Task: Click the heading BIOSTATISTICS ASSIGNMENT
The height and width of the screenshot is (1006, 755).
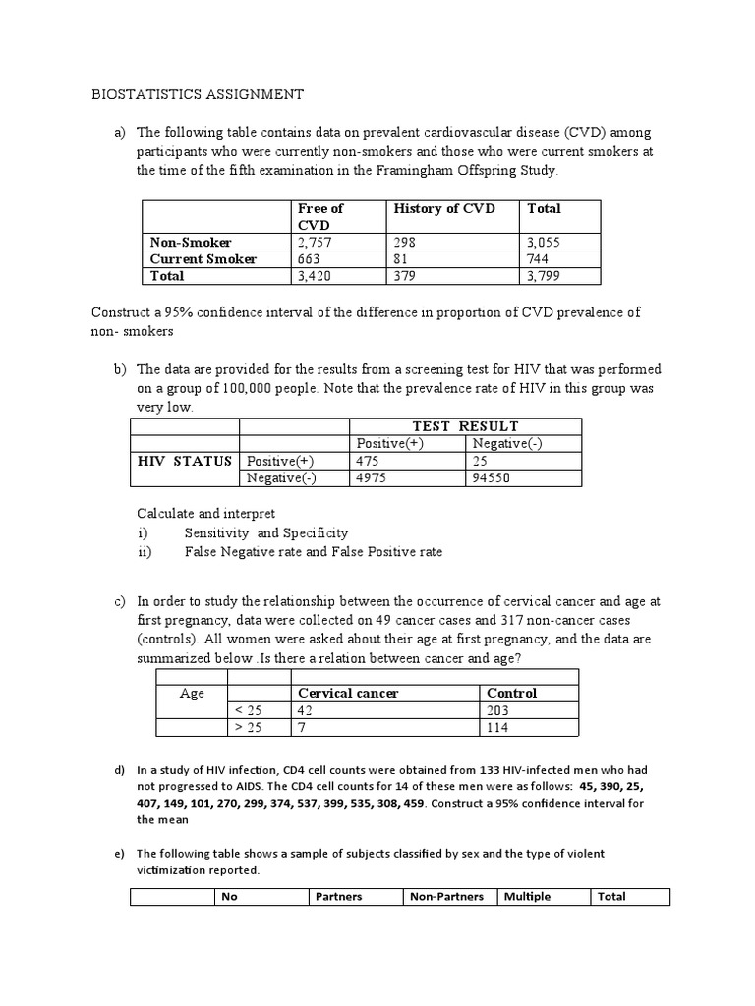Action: click(198, 94)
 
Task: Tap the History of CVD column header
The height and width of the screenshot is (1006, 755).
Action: click(444, 208)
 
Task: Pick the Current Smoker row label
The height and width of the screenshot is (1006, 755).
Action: click(203, 259)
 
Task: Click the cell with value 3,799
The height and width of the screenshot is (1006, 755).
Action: click(547, 276)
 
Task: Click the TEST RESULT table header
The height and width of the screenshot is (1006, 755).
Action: click(467, 425)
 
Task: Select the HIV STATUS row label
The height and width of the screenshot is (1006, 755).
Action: click(186, 461)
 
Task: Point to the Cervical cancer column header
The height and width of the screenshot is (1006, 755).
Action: click(348, 693)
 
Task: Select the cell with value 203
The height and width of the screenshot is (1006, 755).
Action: click(498, 710)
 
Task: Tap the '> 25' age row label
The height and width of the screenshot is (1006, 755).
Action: click(249, 728)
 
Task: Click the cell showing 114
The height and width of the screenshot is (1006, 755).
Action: click(497, 728)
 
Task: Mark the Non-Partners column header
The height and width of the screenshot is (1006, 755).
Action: click(446, 896)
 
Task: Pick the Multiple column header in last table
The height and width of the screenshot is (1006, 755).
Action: click(527, 896)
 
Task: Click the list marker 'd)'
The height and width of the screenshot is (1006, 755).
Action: click(119, 769)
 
